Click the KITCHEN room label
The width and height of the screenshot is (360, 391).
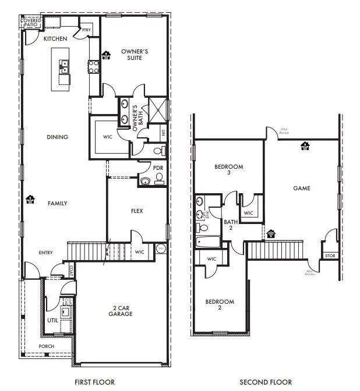coord(56,38)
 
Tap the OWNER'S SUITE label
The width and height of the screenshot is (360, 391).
coord(135,55)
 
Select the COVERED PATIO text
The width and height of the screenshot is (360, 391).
coord(31,23)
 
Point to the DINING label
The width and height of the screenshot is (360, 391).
coord(58,137)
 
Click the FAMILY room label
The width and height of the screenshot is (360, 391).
coord(58,204)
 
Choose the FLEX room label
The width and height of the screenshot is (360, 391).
coord(137,211)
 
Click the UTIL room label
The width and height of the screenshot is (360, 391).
coord(52,321)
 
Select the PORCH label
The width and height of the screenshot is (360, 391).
coord(46,347)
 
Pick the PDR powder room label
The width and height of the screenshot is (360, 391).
coord(157,169)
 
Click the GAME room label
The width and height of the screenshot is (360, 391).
coord(301,188)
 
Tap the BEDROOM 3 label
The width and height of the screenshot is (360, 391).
coord(228,170)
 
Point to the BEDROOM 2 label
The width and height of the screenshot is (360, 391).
coord(220,304)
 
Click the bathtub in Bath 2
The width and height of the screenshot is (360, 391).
coord(208,241)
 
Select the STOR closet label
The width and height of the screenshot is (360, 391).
coord(330,255)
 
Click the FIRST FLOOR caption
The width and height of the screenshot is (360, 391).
coord(94,382)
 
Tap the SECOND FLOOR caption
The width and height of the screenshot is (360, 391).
coord(266,382)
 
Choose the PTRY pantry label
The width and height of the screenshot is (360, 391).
coord(86,30)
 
